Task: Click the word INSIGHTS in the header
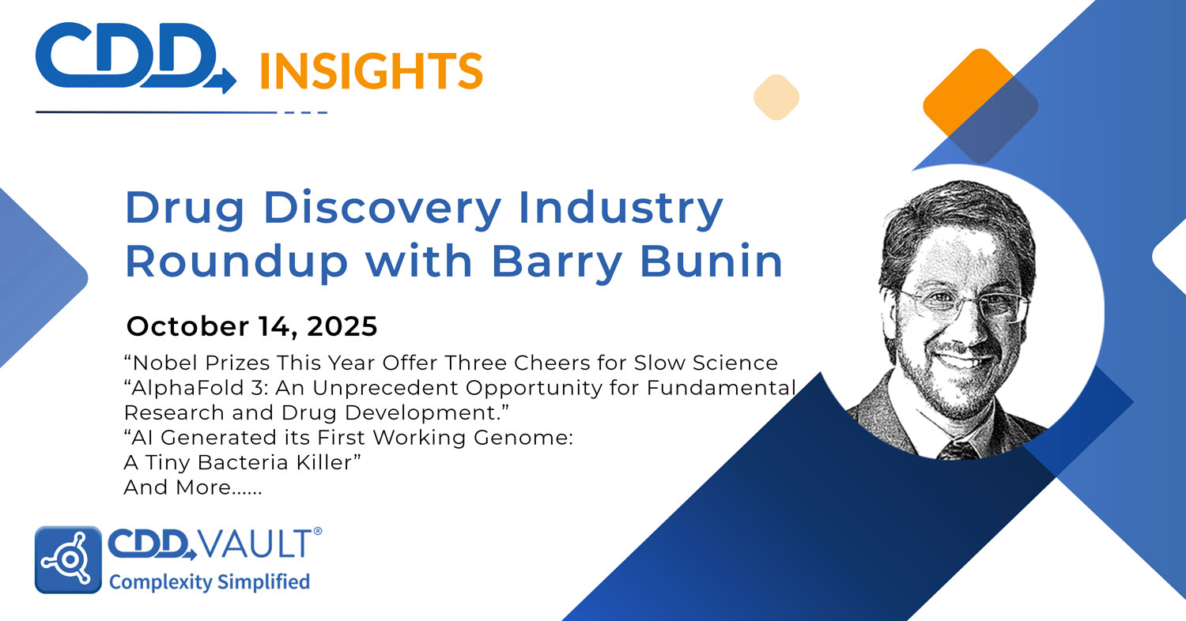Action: pos(371,70)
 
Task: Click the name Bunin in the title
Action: pos(710,262)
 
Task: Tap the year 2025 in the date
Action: pos(337,326)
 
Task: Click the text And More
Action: pos(192,488)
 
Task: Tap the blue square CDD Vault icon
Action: pos(68,559)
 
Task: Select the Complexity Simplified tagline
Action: pos(209,582)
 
